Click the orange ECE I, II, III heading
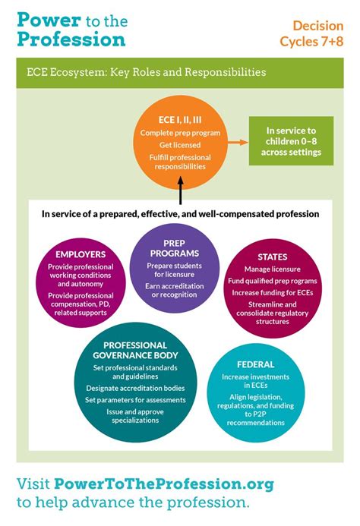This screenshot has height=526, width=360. click(180, 119)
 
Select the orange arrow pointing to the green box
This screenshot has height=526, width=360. click(238, 141)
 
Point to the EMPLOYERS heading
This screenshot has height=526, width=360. click(80, 254)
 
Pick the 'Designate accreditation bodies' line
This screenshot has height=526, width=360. click(140, 388)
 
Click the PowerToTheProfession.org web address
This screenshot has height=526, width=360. click(164, 483)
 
